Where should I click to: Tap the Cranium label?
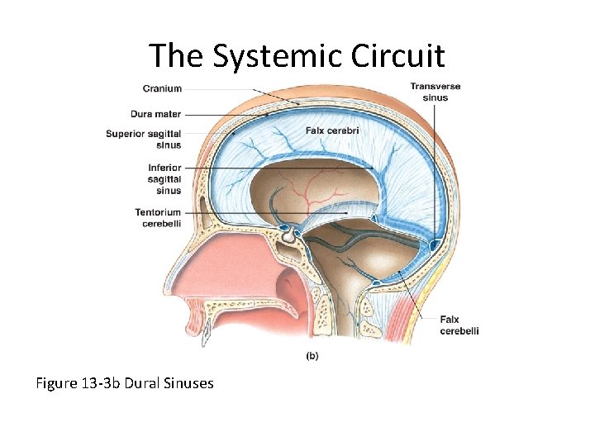162,88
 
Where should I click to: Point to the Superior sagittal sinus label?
143,140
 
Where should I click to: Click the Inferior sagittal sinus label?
160,179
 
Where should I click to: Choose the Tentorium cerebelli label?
158,217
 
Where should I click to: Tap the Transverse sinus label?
435,92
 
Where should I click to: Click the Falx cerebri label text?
331,130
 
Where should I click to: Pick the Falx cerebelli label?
459,325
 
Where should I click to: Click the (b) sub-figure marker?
312,356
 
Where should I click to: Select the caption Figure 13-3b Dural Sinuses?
124,383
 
